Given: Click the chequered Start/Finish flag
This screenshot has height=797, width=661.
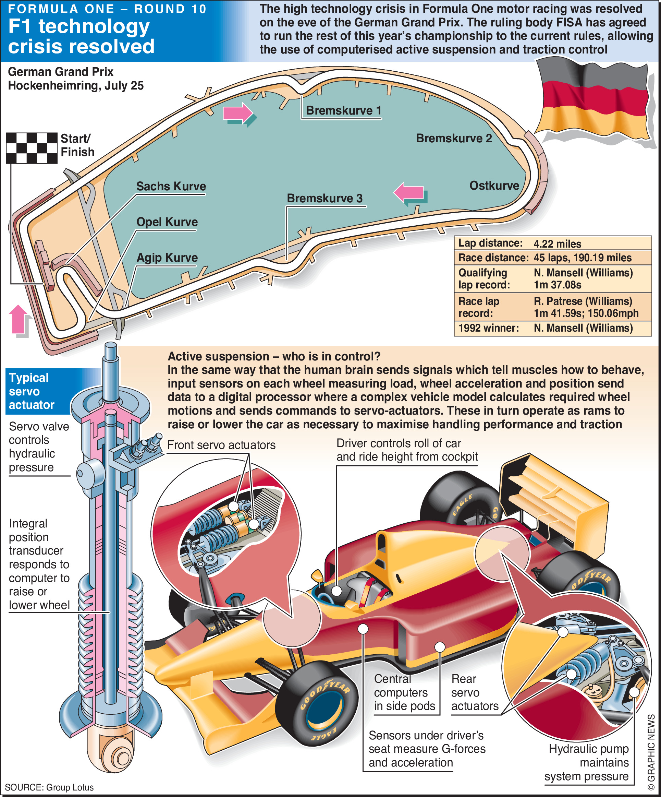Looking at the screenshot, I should (x=32, y=148).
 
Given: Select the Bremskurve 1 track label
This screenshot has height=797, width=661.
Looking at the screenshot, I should (x=343, y=110).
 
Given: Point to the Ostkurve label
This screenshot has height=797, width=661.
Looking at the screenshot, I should (x=494, y=186).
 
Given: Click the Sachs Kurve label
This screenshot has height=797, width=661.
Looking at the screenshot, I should (x=171, y=186).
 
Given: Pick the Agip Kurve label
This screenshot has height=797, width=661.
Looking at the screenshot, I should (x=167, y=258).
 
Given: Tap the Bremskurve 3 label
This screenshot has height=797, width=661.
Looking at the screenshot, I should (x=325, y=198).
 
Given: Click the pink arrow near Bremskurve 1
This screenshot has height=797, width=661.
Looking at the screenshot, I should (x=238, y=113).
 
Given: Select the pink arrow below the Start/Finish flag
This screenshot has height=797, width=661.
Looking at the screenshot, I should (x=18, y=319).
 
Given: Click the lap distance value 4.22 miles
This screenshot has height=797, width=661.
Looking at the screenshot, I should (x=557, y=243).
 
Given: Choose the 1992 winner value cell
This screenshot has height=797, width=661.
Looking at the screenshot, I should (x=583, y=328).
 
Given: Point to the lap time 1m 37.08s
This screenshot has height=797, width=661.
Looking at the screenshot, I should (x=557, y=285).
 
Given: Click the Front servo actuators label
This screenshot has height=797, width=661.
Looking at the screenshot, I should (x=221, y=445).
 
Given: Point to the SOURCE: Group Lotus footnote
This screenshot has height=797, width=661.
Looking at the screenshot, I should (x=49, y=787).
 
